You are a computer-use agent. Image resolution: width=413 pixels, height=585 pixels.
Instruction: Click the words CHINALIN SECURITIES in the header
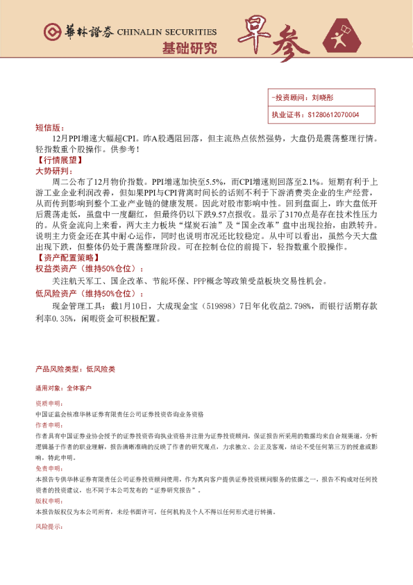pos(167,32)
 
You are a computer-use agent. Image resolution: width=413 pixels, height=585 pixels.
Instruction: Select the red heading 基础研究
pos(189,49)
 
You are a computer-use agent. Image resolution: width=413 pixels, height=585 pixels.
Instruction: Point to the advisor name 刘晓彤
pos(323,99)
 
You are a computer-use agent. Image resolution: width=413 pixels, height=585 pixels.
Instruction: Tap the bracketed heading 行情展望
pos(56,159)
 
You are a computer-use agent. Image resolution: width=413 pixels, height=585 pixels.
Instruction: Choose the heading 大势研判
pos(51,170)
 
